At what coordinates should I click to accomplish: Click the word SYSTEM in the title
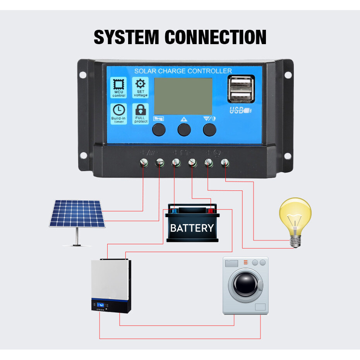click(127, 37)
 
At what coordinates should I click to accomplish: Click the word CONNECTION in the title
click(215, 37)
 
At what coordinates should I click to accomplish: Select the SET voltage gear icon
click(141, 83)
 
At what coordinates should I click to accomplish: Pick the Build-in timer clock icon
click(118, 110)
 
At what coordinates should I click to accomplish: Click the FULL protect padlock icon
click(141, 109)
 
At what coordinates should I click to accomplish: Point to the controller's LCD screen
click(183, 96)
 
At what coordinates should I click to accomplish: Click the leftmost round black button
click(159, 130)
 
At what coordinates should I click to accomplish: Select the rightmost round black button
click(210, 130)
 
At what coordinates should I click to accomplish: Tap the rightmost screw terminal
click(225, 163)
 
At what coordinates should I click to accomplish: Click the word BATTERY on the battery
click(192, 228)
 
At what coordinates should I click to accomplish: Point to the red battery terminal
click(211, 211)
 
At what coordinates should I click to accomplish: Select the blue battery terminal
click(174, 211)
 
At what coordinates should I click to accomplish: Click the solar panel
click(77, 214)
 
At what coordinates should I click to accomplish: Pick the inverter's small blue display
click(101, 305)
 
